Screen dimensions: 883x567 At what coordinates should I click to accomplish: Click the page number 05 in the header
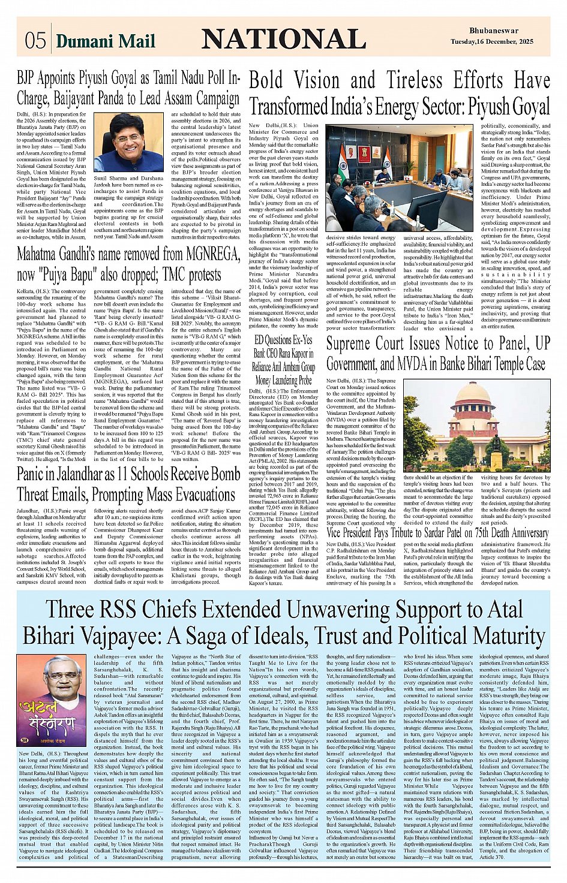click(35, 40)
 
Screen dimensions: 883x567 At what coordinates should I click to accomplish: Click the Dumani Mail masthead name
click(105, 41)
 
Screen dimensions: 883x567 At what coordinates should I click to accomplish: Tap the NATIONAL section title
click(283, 40)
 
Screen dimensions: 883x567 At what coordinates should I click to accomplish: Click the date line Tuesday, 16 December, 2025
click(491, 41)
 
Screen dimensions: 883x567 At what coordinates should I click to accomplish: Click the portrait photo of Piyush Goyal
click(128, 143)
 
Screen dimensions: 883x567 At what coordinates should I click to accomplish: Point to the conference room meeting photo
click(399, 178)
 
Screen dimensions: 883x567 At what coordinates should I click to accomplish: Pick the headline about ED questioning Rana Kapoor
click(284, 360)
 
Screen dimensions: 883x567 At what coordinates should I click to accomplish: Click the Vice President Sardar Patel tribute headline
click(437, 532)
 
